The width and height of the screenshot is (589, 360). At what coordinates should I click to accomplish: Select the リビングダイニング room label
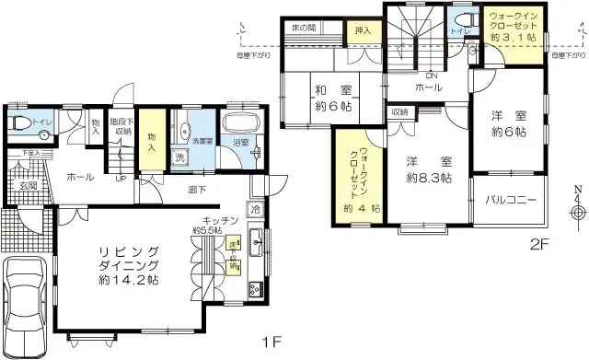click(x=128, y=265)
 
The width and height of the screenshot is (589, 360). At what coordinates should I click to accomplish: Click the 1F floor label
click(x=270, y=343)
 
